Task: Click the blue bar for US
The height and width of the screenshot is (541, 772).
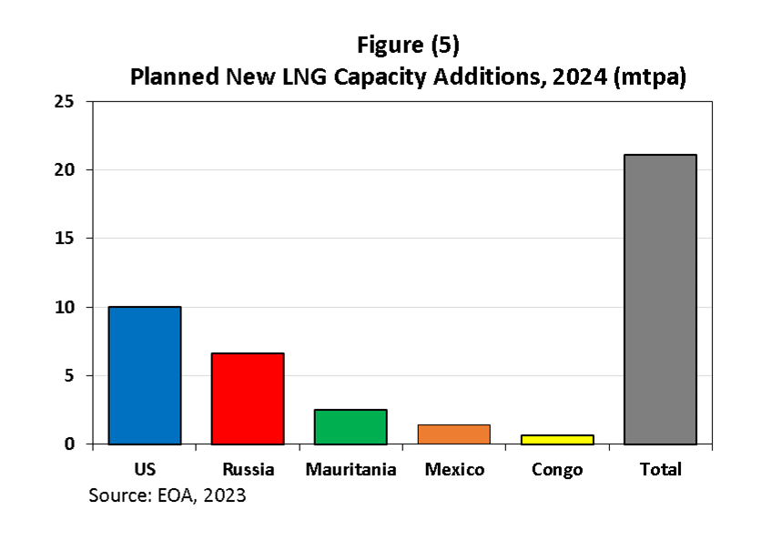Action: (144, 375)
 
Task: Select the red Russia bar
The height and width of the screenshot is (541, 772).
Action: (248, 399)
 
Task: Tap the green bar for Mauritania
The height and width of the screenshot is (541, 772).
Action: (350, 427)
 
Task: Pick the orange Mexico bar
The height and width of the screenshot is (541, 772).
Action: (453, 434)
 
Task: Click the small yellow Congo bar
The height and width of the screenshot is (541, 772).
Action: (557, 439)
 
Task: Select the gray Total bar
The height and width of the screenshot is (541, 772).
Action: (660, 300)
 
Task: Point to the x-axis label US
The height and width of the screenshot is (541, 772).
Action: (144, 470)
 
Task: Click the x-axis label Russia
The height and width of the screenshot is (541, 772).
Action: (248, 470)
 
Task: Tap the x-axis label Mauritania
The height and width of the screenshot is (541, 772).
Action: (350, 470)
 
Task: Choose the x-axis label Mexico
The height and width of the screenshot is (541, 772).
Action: (454, 470)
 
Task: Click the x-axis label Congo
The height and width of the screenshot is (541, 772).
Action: (557, 470)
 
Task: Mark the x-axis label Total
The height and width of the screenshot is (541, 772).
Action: (660, 470)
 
